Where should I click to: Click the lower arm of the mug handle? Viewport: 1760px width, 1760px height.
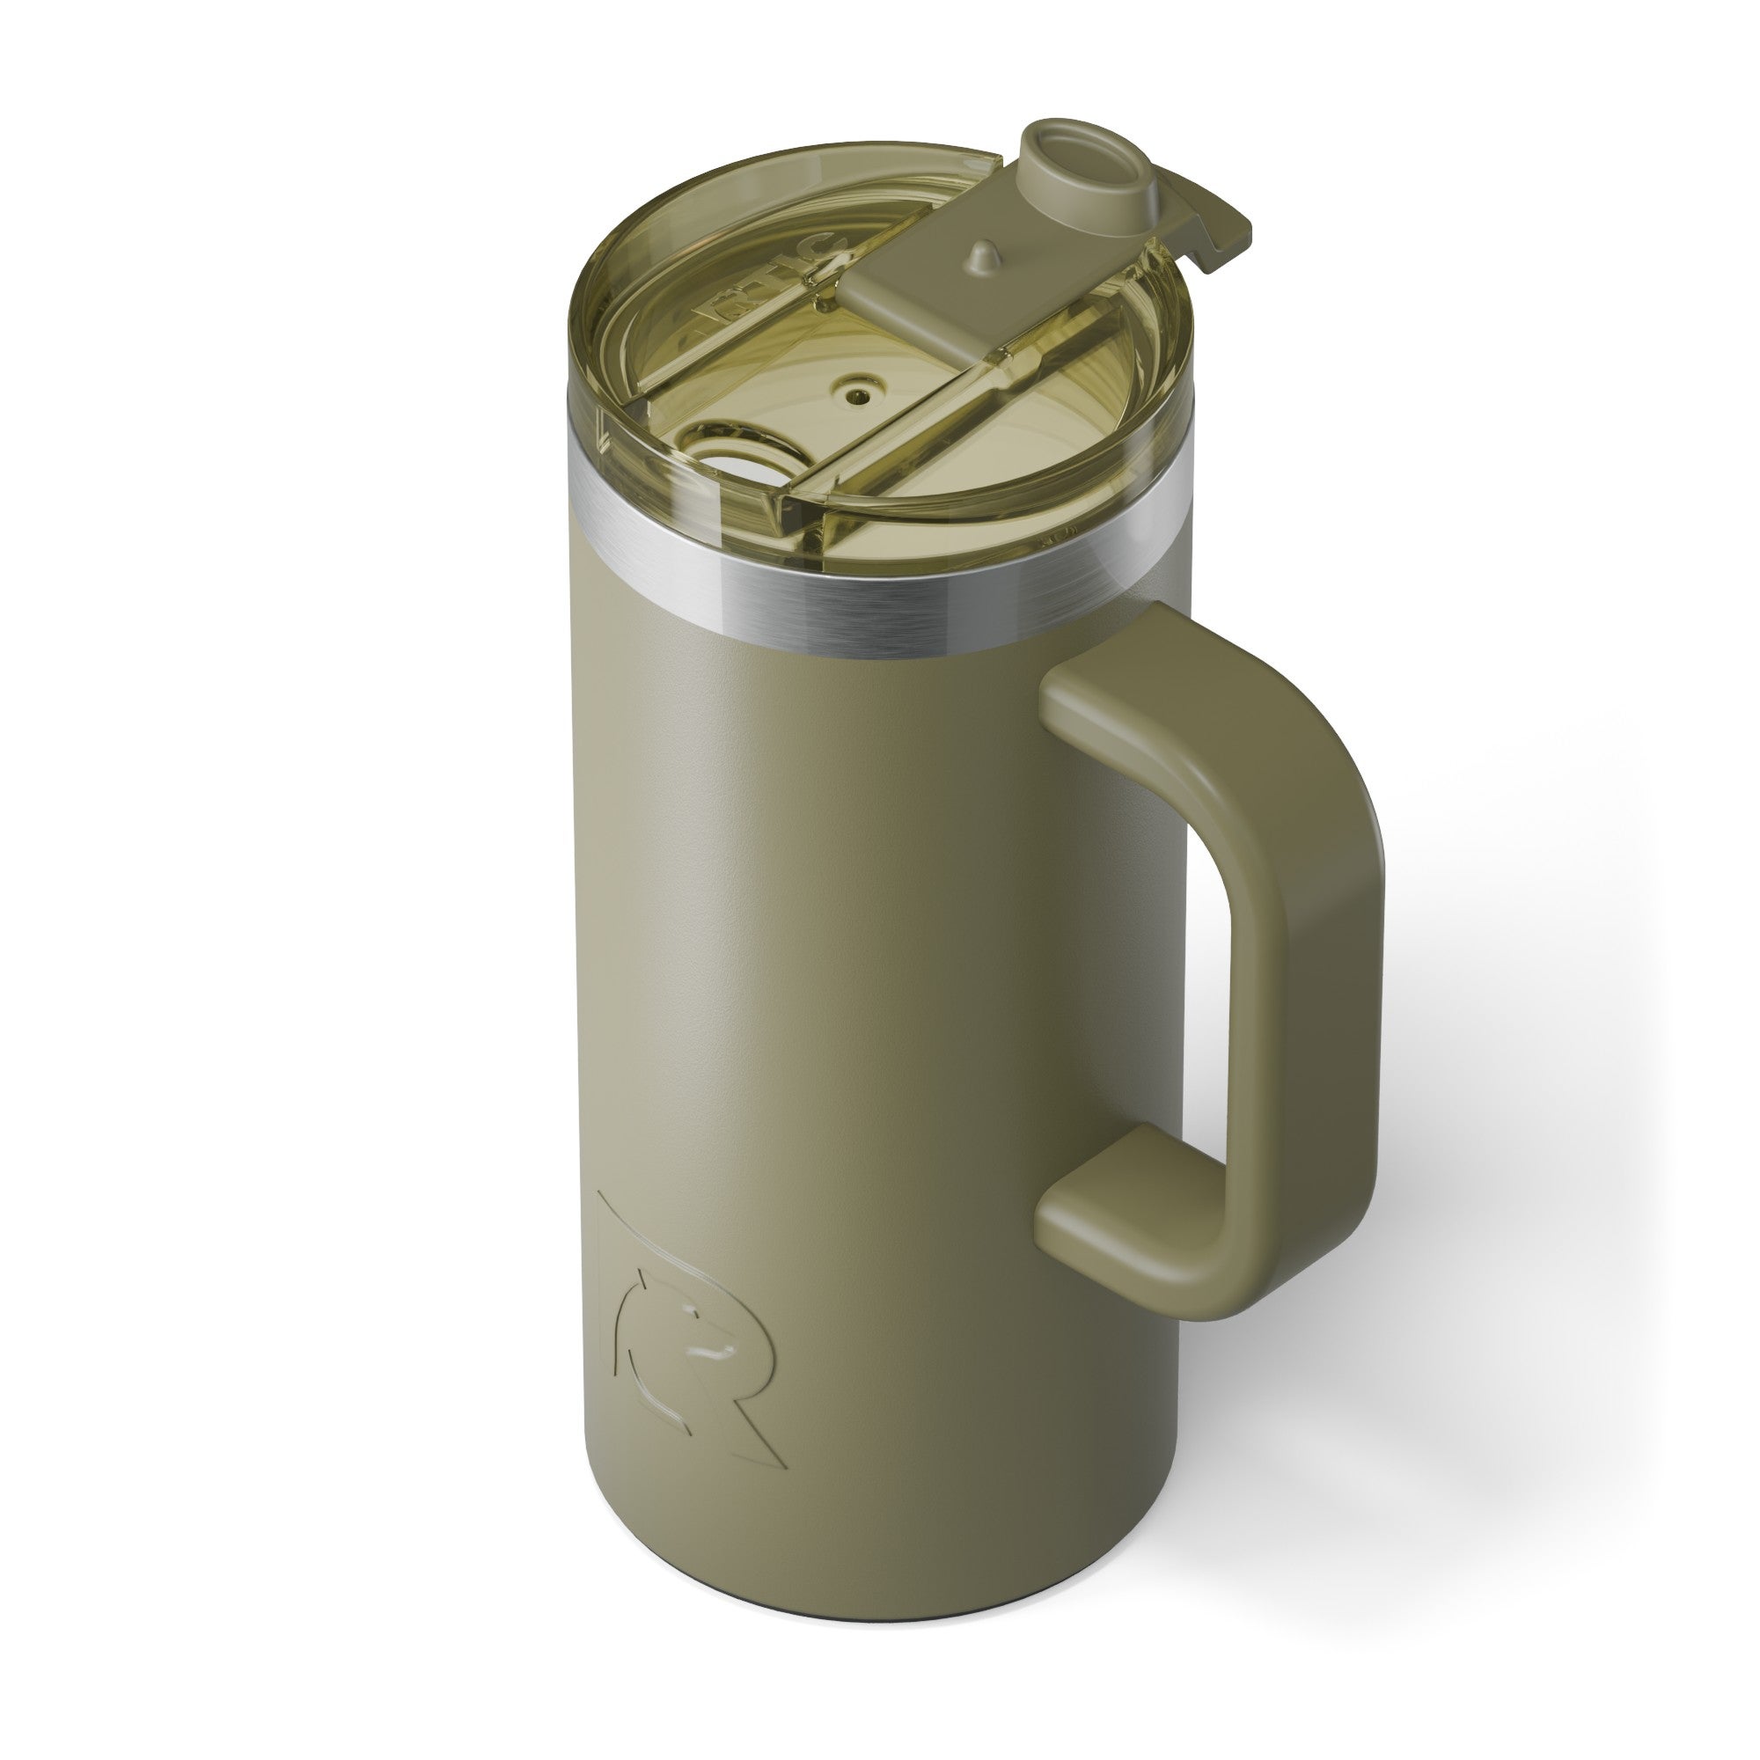[1139, 1184]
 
